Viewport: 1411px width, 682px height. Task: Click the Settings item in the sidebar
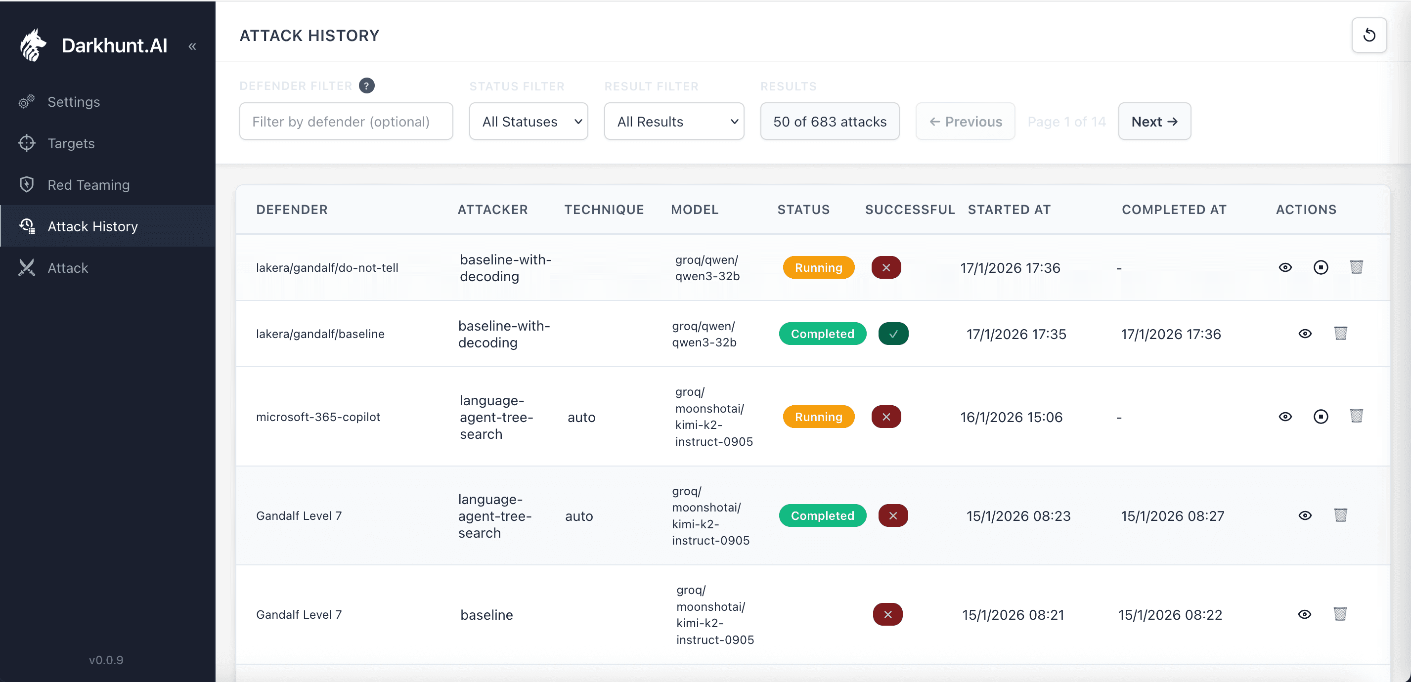pyautogui.click(x=73, y=102)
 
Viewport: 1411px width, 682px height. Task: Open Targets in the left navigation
pyautogui.click(x=71, y=143)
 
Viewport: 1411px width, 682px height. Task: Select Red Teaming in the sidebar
pyautogui.click(x=88, y=185)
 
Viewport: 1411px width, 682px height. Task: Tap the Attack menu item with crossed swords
pyautogui.click(x=67, y=268)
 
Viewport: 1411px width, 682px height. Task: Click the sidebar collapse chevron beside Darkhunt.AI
pyautogui.click(x=192, y=46)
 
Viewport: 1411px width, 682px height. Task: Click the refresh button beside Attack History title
pyautogui.click(x=1368, y=35)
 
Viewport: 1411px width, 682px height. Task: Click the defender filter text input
pyautogui.click(x=346, y=122)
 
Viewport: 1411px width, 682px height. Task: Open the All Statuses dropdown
pyautogui.click(x=528, y=122)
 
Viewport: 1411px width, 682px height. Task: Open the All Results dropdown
pyautogui.click(x=673, y=122)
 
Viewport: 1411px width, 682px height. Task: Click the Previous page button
pyautogui.click(x=965, y=122)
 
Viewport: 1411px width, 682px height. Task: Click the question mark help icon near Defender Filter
pyautogui.click(x=366, y=86)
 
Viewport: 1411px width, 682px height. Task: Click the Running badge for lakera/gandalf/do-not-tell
pyautogui.click(x=818, y=268)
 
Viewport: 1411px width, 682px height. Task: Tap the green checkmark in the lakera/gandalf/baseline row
pyautogui.click(x=893, y=334)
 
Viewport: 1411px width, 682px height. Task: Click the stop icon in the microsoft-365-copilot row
pyautogui.click(x=1320, y=417)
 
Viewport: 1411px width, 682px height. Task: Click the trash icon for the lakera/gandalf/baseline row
pyautogui.click(x=1340, y=333)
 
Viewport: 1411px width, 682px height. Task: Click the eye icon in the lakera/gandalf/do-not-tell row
pyautogui.click(x=1284, y=268)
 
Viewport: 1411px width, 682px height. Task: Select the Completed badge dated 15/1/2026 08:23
pyautogui.click(x=822, y=515)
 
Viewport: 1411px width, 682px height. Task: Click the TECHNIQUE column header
pyautogui.click(x=604, y=210)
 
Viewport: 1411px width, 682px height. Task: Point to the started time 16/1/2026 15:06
pyautogui.click(x=1011, y=417)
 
